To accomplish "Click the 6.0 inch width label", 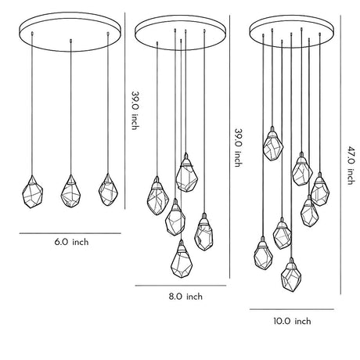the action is [71, 242].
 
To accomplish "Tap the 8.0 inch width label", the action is [185, 297].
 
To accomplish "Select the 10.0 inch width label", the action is [292, 321].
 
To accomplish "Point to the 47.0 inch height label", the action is [351, 165].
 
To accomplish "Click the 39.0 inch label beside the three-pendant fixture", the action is [135, 110].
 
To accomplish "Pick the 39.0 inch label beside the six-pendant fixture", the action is [239, 148].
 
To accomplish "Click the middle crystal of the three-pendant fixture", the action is [70, 192].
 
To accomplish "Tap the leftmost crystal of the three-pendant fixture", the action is [32, 192].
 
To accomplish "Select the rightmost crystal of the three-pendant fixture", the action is [108, 189].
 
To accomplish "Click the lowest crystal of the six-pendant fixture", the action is [182, 259].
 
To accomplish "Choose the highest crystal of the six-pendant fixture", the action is [186, 172].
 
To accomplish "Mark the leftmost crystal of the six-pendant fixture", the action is [158, 196].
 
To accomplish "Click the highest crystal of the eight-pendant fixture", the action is [273, 144].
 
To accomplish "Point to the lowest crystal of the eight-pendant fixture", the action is [291, 275].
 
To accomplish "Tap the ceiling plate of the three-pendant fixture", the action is [70, 31].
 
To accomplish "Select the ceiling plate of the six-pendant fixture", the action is [181, 33].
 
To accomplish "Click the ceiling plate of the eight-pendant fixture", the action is [292, 31].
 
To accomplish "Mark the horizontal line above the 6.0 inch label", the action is [70, 233].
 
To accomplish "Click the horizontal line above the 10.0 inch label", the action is [292, 309].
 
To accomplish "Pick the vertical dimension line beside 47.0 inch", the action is [340, 155].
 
